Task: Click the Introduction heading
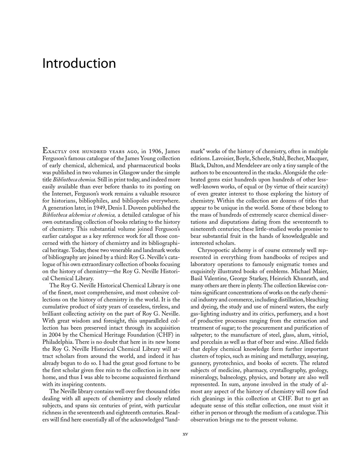[79, 63]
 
